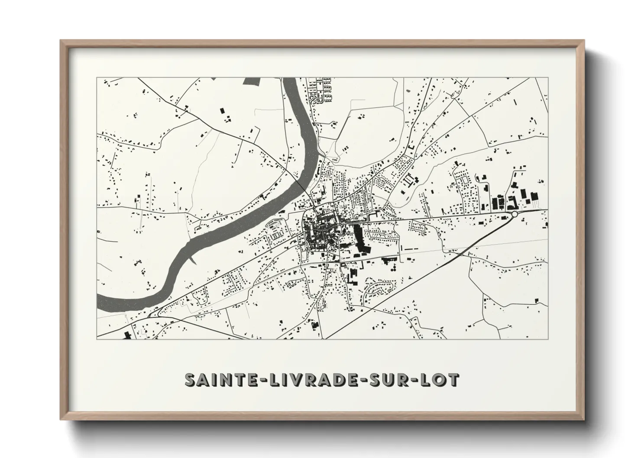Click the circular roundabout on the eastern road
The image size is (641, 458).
coord(514,214)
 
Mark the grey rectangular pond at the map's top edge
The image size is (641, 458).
coord(253,81)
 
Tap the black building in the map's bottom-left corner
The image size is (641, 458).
coord(127,335)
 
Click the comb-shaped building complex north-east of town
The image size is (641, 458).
coord(408,180)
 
